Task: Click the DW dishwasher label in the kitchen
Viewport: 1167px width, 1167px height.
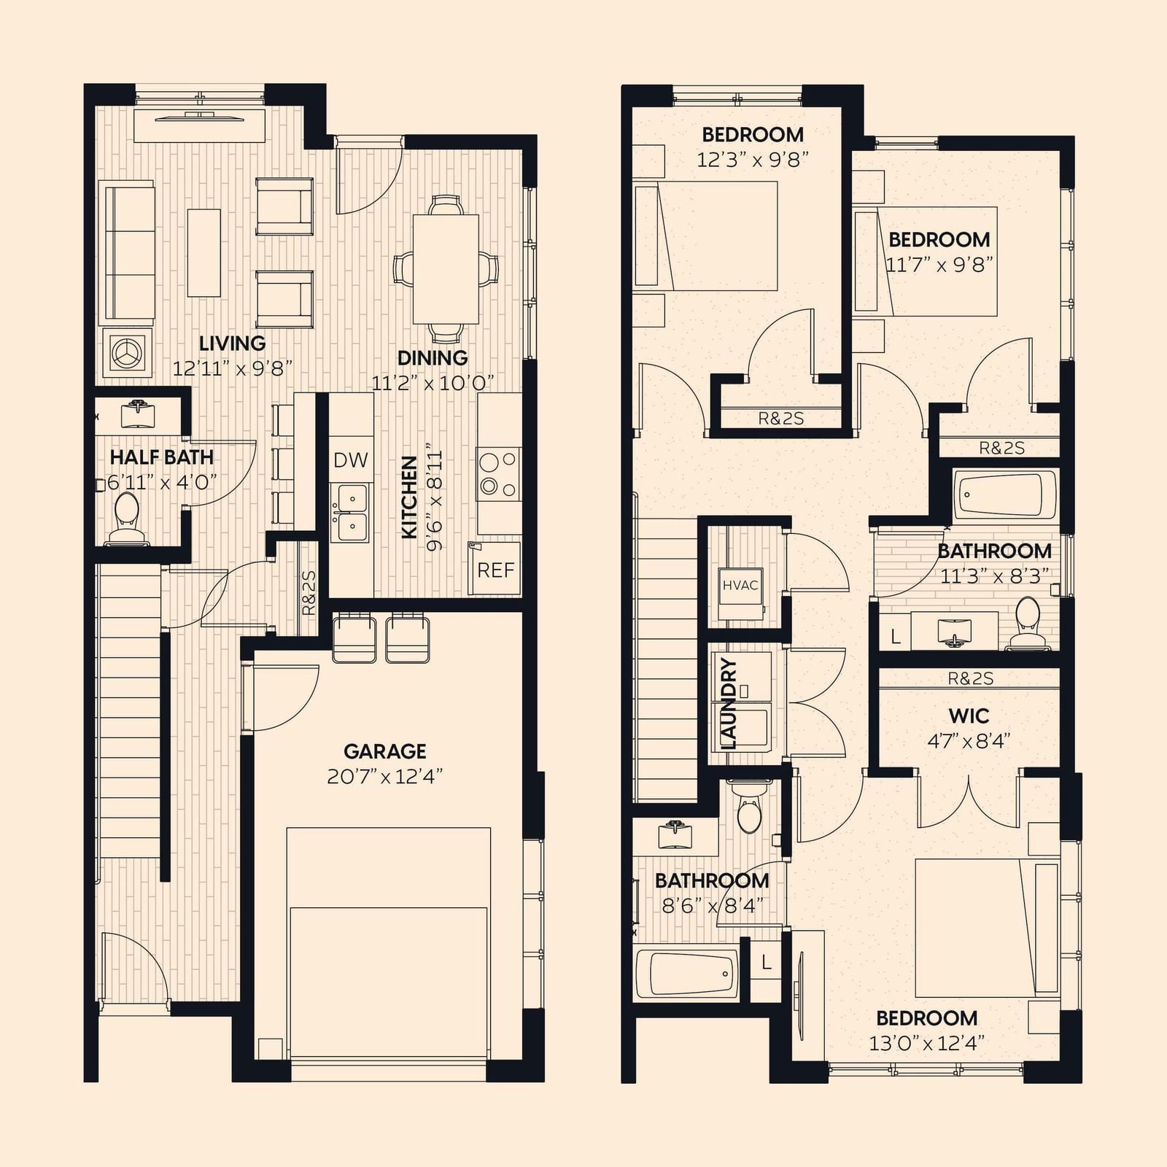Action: (x=351, y=460)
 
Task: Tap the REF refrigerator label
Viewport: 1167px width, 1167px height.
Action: (x=496, y=570)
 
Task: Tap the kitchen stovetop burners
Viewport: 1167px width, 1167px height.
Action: (x=499, y=473)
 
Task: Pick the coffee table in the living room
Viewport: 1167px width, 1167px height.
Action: (x=204, y=252)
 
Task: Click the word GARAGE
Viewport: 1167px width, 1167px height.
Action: (x=385, y=751)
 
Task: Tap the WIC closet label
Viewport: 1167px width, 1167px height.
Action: (x=969, y=716)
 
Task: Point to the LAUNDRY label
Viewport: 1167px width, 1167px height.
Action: (x=729, y=704)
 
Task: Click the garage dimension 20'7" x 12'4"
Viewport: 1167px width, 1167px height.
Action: (x=385, y=776)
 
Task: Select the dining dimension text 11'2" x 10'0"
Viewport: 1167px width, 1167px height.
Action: (x=433, y=382)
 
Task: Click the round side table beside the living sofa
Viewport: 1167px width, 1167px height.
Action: (x=128, y=352)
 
